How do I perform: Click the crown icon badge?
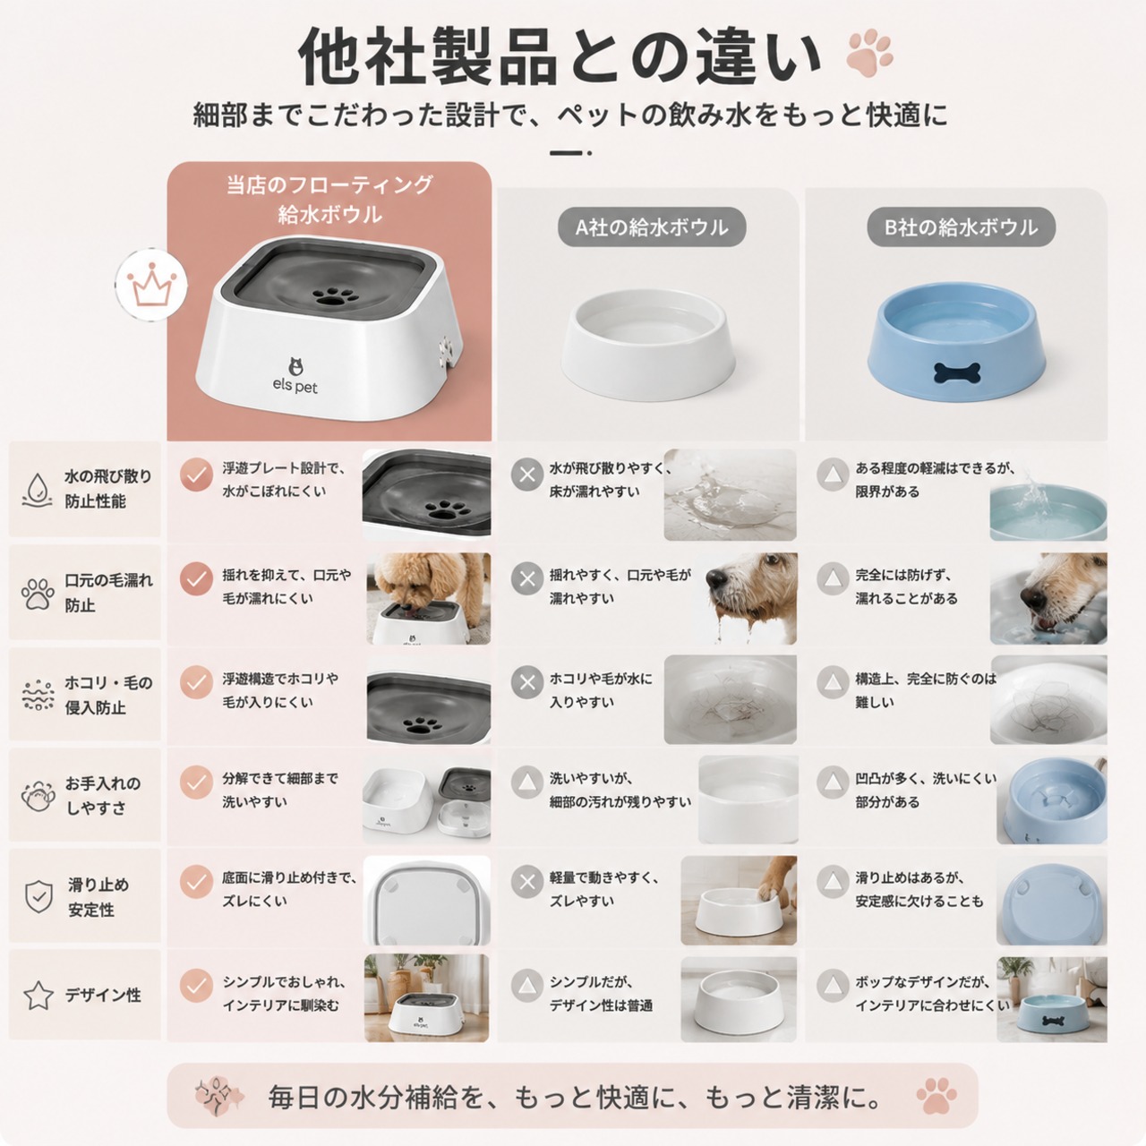(151, 285)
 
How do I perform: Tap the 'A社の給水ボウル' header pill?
(651, 227)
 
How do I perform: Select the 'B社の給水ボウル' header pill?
(961, 227)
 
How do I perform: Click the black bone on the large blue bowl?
(956, 372)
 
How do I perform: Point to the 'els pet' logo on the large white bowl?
(295, 376)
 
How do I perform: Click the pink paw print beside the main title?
(869, 54)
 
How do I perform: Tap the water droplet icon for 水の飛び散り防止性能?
(37, 490)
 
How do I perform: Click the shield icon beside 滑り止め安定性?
(38, 897)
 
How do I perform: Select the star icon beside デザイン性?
(38, 996)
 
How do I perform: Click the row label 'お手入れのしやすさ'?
(104, 795)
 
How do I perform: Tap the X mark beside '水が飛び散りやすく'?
(527, 475)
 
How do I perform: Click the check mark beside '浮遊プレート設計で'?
(196, 475)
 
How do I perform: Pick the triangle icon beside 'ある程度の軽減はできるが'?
(833, 474)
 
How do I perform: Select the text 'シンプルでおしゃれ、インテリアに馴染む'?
(284, 994)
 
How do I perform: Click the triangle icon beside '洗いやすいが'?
(527, 783)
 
